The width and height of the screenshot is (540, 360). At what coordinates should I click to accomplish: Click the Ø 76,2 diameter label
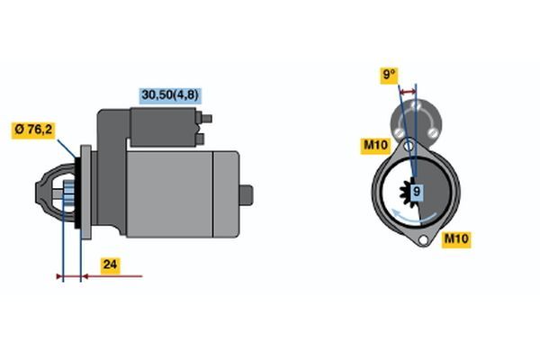[33, 130]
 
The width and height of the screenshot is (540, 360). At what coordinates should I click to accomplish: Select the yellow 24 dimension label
[110, 265]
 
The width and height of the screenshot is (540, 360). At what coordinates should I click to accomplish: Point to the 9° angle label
[389, 75]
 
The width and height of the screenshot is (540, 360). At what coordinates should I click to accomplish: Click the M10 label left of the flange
[375, 145]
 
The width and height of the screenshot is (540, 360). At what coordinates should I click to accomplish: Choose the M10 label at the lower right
[456, 238]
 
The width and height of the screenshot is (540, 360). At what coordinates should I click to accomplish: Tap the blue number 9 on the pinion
[417, 191]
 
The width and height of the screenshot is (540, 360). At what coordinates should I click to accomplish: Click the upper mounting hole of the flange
[409, 146]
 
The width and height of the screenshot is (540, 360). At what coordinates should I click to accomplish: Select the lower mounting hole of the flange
[423, 239]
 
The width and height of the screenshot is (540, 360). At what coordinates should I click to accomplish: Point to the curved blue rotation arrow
[413, 217]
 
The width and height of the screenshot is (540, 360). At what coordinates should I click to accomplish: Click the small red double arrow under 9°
[408, 91]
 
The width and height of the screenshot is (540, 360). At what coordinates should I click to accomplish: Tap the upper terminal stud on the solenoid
[206, 119]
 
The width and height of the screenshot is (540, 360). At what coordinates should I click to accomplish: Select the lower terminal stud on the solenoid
[200, 139]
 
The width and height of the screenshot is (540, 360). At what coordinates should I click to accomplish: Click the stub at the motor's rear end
[247, 195]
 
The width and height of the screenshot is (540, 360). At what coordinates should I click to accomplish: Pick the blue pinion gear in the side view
[68, 195]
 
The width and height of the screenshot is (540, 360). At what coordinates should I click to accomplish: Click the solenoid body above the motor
[164, 127]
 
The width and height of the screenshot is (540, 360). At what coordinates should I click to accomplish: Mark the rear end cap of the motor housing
[226, 194]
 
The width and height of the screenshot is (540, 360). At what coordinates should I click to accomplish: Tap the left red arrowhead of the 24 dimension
[60, 276]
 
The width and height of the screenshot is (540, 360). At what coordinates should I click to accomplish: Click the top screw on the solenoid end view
[417, 105]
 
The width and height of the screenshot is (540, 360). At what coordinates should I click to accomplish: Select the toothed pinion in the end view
[409, 193]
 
